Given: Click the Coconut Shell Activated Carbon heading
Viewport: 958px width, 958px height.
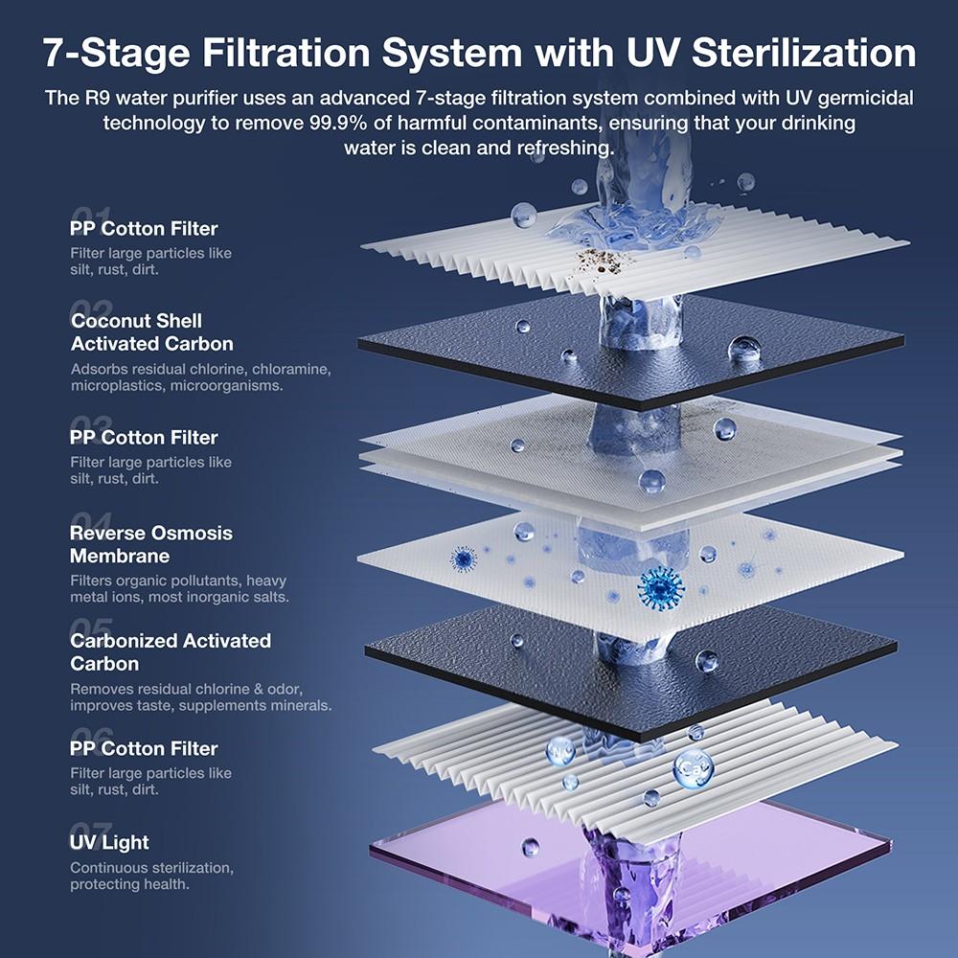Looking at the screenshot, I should pos(151,332).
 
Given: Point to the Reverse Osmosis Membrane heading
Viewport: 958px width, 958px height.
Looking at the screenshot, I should pos(150,544).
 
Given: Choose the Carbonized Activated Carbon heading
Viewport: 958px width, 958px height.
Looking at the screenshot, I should pos(170,651).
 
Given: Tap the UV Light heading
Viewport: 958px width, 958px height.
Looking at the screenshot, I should pos(109,843).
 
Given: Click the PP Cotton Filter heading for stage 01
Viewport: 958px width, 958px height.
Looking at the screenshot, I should pos(144,229).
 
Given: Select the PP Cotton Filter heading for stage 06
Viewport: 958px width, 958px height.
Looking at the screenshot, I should pos(144,748).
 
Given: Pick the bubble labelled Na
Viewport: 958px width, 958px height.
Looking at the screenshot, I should pos(560,750).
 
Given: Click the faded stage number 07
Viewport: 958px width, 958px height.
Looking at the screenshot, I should pos(91,830).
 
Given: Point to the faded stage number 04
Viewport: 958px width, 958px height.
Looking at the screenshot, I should pos(91,520).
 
